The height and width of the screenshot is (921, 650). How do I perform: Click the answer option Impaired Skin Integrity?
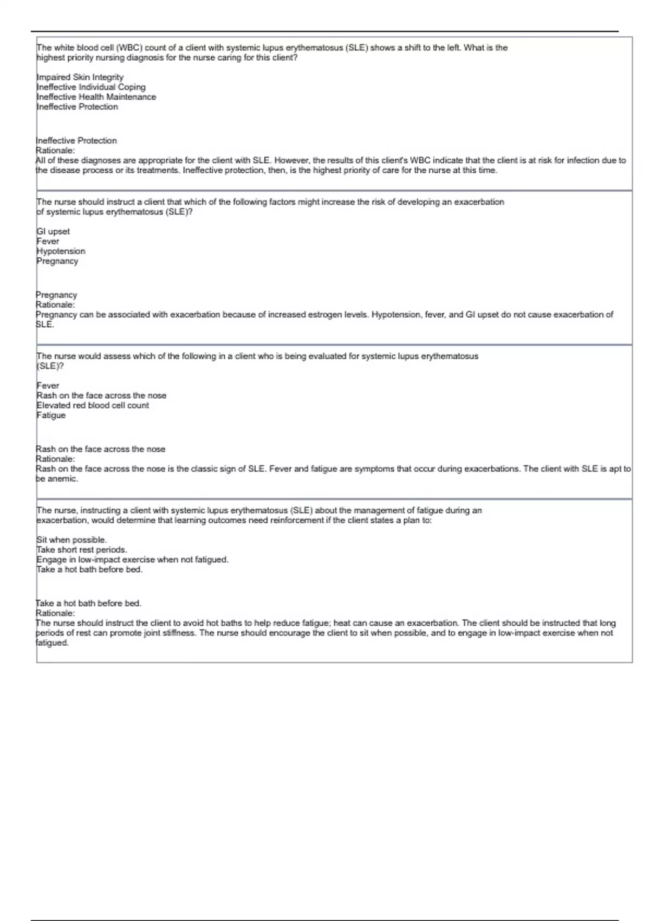click(x=80, y=77)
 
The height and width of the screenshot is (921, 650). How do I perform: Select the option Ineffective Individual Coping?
click(x=91, y=87)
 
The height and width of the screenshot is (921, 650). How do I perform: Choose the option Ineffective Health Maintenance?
click(x=96, y=97)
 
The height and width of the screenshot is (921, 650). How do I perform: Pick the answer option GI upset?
click(x=53, y=231)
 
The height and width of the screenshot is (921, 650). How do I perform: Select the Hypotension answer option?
click(x=61, y=251)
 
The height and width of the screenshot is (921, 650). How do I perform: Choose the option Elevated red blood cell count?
click(x=93, y=405)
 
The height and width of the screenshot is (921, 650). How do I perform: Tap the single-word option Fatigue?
click(x=51, y=416)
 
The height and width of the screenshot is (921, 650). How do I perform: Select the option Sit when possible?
click(x=71, y=540)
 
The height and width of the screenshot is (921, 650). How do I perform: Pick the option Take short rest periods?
click(x=82, y=549)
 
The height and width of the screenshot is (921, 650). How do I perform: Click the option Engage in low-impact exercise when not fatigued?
click(x=132, y=560)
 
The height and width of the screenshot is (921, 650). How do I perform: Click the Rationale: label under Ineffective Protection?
click(x=55, y=151)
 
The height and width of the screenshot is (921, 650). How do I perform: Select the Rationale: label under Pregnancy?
click(x=55, y=305)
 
